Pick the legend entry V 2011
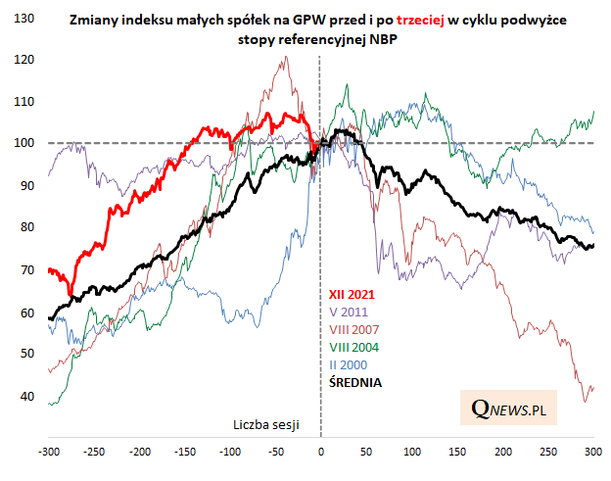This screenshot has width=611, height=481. [348, 311]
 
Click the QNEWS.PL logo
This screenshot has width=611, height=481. [508, 406]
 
